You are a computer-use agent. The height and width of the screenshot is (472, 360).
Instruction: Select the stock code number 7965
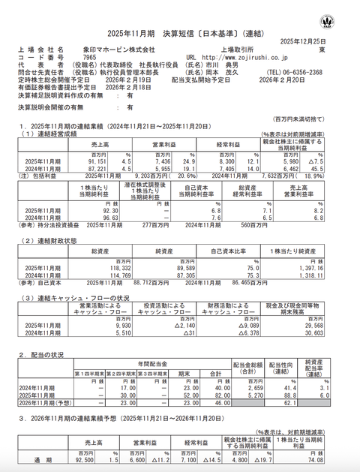(90, 57)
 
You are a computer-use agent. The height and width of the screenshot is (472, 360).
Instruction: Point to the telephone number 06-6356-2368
(304, 72)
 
